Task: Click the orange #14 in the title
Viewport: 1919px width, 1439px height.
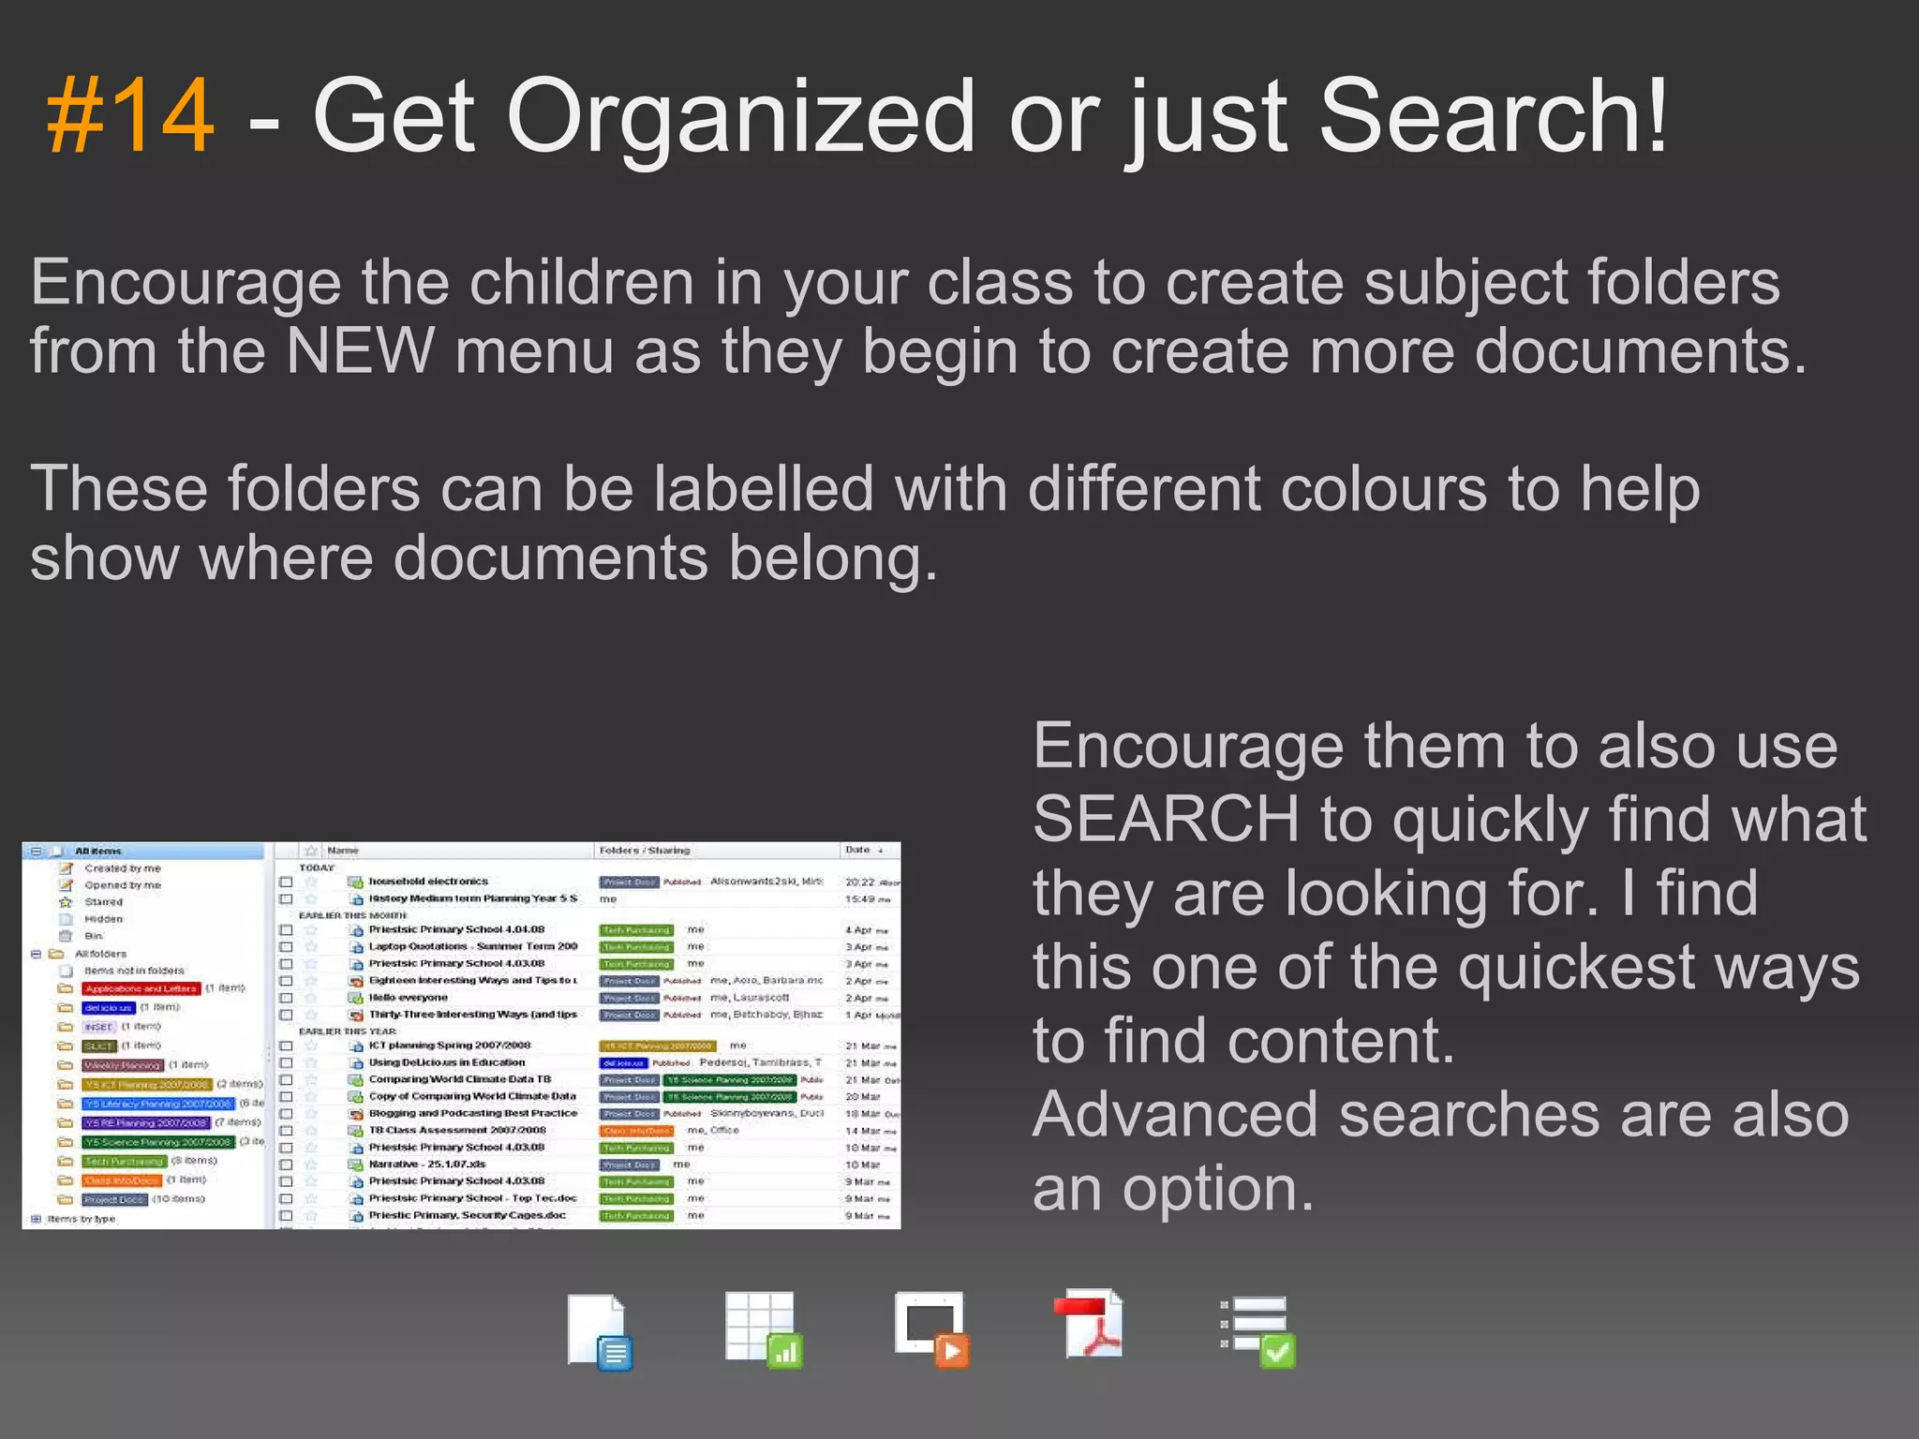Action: [130, 117]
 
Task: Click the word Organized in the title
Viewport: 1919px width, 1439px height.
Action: [740, 117]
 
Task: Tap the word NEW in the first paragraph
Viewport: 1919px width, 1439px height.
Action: [361, 351]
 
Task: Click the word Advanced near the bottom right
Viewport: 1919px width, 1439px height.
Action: [1175, 1115]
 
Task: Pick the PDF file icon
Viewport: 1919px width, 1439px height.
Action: [1090, 1326]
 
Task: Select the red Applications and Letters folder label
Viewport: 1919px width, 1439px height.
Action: [141, 988]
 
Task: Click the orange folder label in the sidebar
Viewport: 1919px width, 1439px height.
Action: [124, 1180]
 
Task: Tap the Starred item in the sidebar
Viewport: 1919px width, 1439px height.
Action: [103, 902]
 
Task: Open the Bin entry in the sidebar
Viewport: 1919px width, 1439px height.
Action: [94, 936]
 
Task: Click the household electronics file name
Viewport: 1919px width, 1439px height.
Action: [428, 882]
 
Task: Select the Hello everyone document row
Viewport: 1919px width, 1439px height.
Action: [409, 998]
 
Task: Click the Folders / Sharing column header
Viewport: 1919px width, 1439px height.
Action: [645, 851]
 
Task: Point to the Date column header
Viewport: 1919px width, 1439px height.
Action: [857, 850]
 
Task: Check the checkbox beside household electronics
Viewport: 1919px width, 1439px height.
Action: [286, 883]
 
